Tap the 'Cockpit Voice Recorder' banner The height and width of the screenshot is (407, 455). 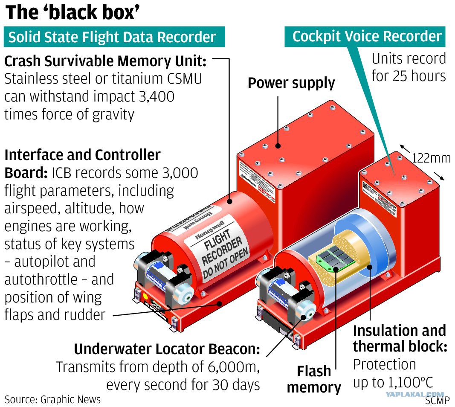pos(366,36)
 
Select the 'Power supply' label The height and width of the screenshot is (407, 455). pos(291,83)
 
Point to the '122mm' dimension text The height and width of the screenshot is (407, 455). pos(431,158)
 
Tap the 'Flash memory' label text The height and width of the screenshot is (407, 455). pos(314,379)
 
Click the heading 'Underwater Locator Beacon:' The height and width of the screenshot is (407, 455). pos(167,349)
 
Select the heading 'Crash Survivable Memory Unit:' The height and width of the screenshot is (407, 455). pos(105,61)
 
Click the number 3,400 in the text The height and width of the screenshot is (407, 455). pos(153,97)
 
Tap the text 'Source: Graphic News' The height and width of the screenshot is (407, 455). pos(52,400)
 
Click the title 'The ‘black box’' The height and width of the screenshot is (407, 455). pos(72,13)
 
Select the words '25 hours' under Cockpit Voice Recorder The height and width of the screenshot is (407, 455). pos(420,76)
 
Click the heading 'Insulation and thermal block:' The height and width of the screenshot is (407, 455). pos(399,338)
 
